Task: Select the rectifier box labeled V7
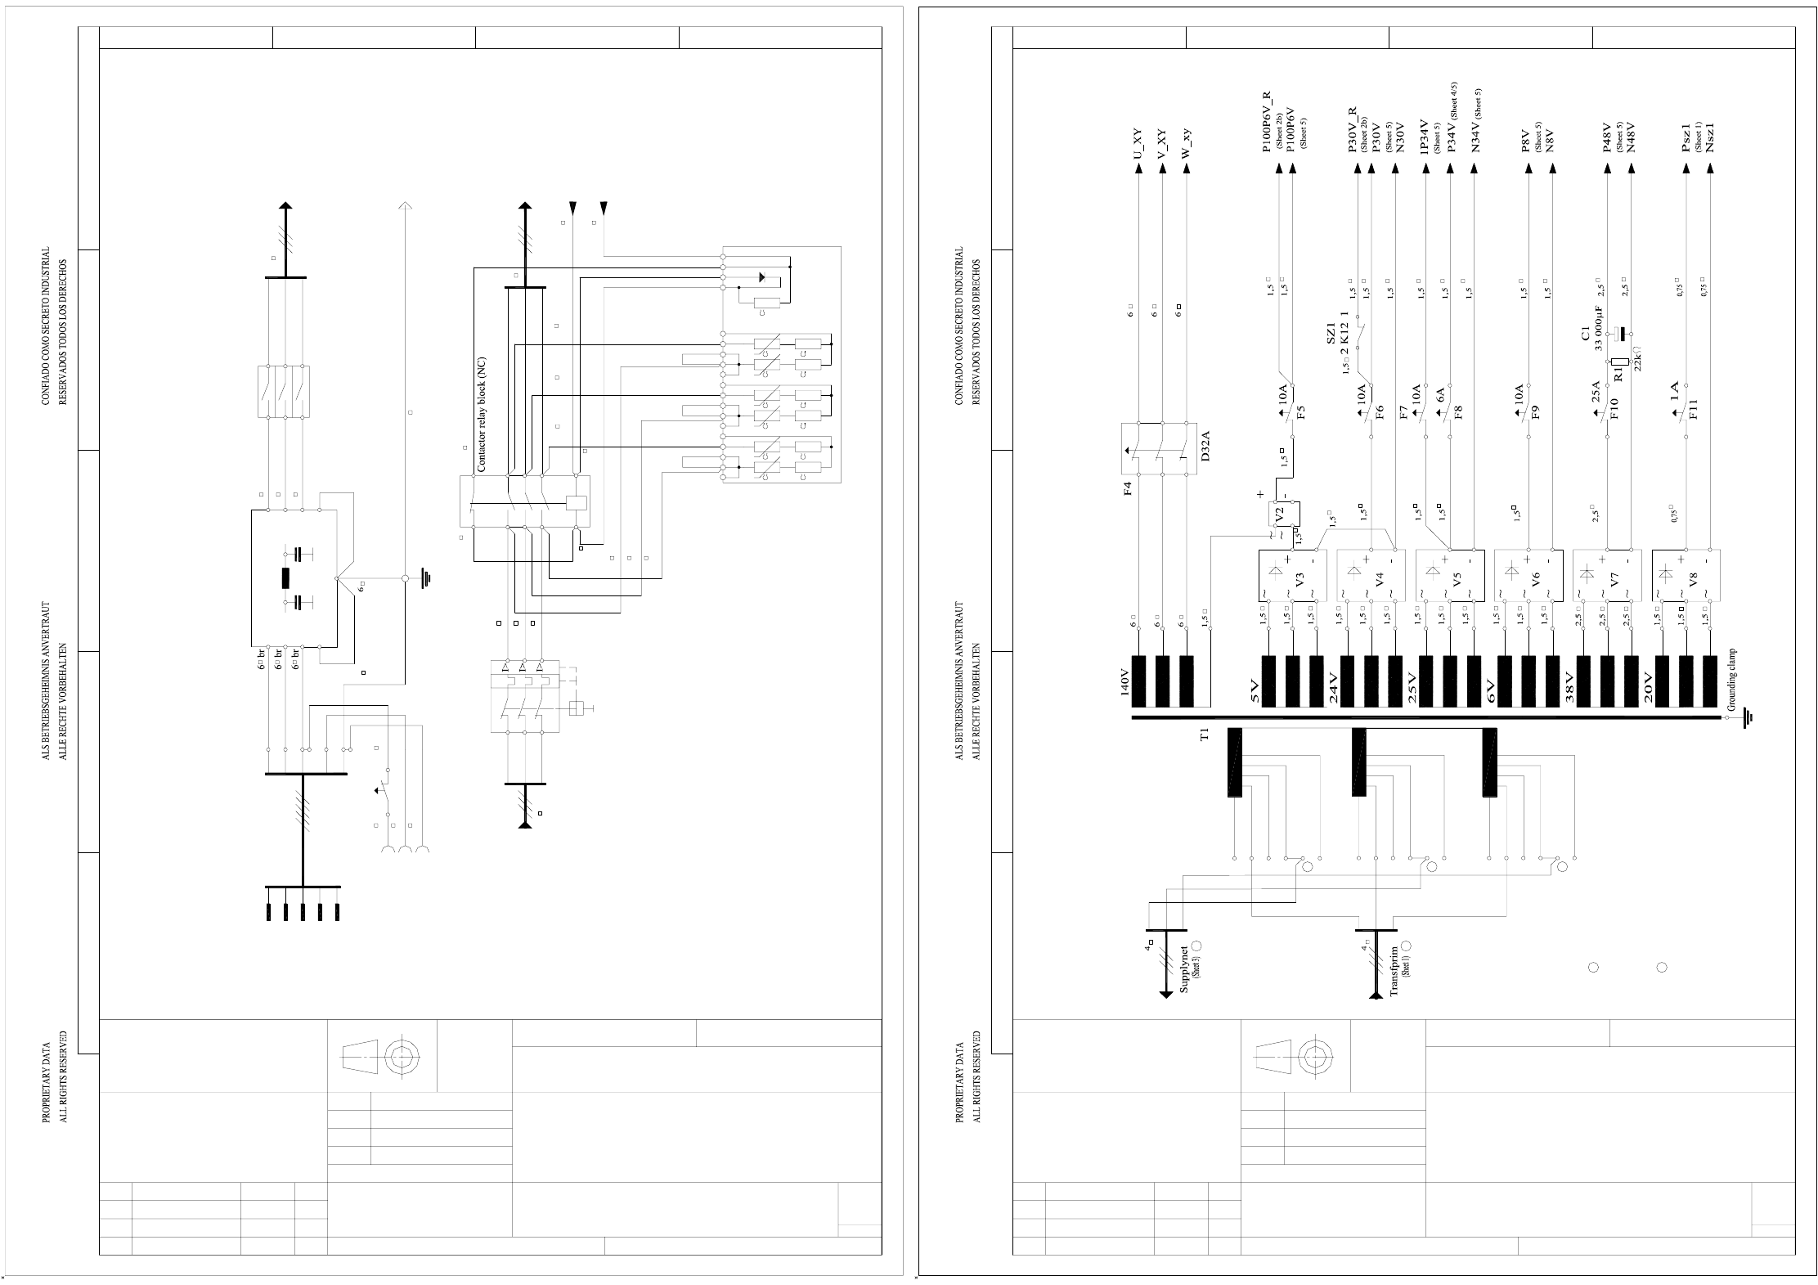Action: click(1607, 575)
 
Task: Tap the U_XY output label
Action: click(1138, 145)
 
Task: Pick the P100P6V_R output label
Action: click(1267, 122)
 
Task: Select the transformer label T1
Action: click(1204, 735)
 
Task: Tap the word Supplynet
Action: click(1184, 969)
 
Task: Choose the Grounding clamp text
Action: click(1731, 680)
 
